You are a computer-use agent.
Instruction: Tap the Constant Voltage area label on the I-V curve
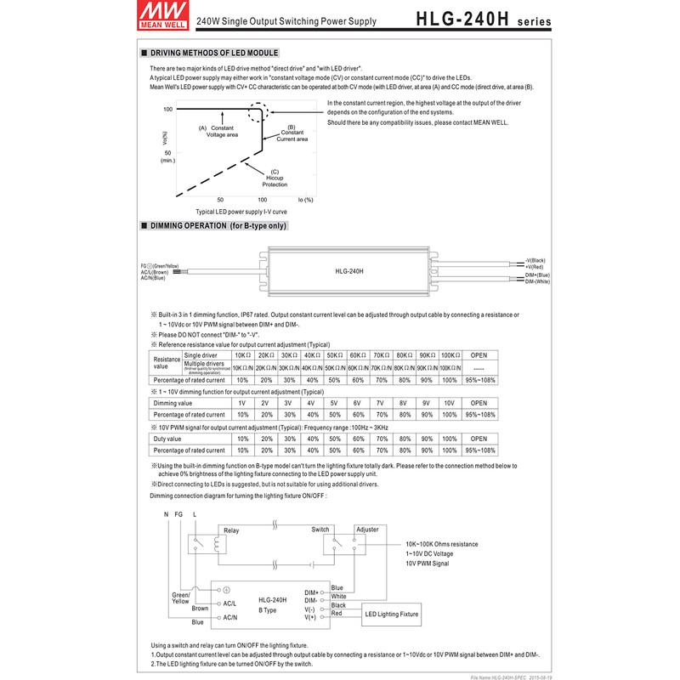coord(217,130)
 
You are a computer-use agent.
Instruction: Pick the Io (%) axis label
coord(305,200)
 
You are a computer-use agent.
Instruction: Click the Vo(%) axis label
coord(163,138)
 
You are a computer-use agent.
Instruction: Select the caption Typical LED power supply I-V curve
coord(241,212)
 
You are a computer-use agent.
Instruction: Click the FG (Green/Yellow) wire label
coord(161,265)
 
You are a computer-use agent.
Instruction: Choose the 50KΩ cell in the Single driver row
coord(334,354)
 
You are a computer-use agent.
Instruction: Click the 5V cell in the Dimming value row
coord(334,403)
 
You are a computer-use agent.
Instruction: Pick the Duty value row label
coord(167,439)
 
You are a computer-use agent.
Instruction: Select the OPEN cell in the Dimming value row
coord(479,403)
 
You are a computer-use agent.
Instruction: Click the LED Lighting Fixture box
coord(392,613)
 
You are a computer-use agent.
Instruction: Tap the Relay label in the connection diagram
coord(231,530)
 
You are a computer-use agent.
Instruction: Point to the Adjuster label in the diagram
coord(368,529)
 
